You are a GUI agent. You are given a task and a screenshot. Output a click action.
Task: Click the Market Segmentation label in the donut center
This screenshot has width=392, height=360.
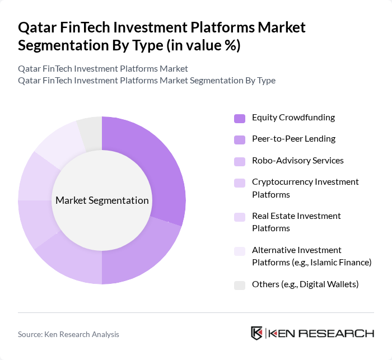[102, 200]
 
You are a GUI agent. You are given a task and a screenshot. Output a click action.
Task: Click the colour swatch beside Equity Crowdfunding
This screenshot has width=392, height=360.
[240, 118]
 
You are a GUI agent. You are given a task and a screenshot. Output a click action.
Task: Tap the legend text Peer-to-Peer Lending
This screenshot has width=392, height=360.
[293, 139]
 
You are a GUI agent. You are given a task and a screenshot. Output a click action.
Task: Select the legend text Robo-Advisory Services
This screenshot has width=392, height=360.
[297, 161]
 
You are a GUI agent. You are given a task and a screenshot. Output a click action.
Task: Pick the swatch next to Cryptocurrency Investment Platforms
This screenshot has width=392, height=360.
[240, 183]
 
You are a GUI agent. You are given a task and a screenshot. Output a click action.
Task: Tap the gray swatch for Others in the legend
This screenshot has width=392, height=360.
[240, 285]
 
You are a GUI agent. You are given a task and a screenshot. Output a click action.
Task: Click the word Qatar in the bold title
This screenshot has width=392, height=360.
[37, 27]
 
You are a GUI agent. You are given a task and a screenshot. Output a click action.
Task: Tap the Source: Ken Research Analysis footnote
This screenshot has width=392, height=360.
[68, 334]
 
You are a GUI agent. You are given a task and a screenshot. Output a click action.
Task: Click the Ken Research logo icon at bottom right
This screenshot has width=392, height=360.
[257, 333]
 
